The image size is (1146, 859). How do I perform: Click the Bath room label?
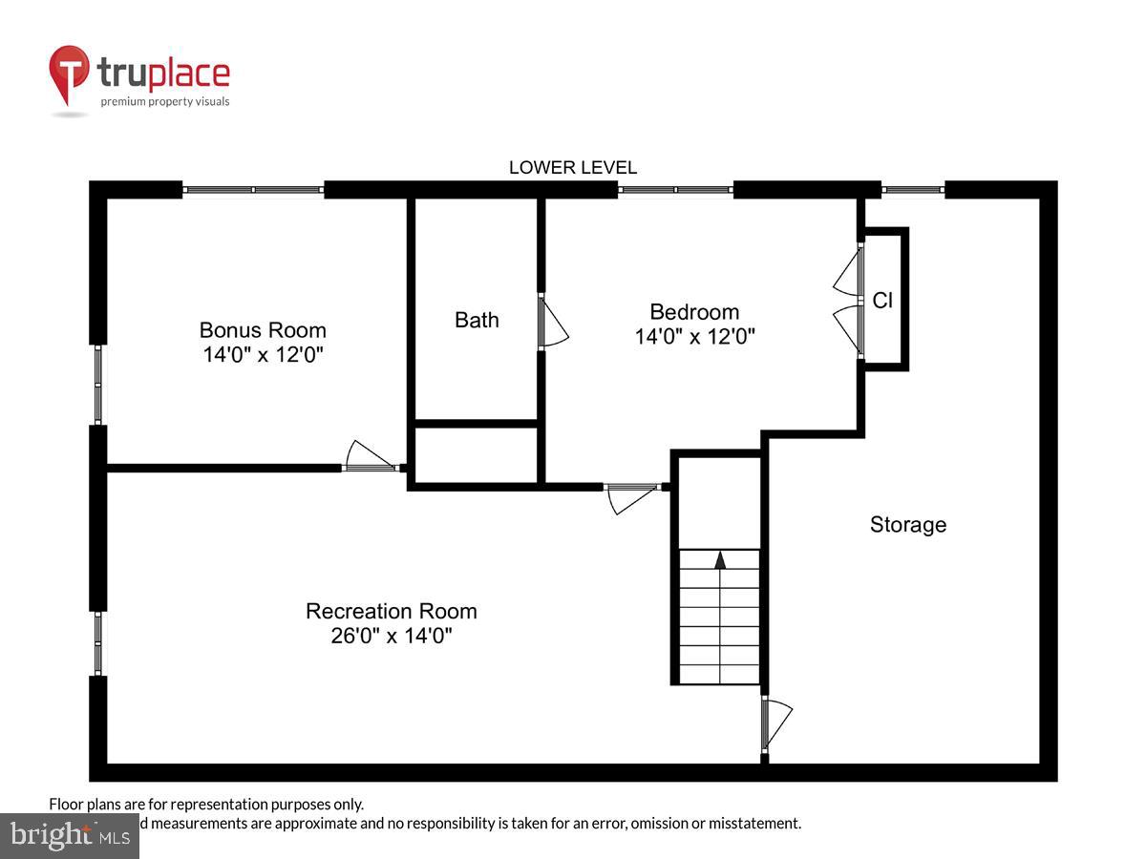(x=477, y=320)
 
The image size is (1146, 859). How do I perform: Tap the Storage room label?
(x=907, y=524)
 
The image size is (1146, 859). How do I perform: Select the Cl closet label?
(x=882, y=301)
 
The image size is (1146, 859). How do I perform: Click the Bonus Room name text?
(x=263, y=330)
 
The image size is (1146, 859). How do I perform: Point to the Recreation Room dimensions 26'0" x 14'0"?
(x=391, y=636)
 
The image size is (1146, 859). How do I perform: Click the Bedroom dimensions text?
(x=694, y=336)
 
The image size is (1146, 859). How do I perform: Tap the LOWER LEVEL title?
(x=572, y=167)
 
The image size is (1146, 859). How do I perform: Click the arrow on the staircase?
(x=720, y=560)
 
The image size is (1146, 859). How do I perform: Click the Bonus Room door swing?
(x=371, y=456)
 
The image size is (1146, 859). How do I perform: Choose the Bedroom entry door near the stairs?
(x=632, y=497)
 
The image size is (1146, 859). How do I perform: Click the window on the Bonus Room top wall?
(x=253, y=190)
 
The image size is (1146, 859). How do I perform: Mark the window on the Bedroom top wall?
(x=675, y=190)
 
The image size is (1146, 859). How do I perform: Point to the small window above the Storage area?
(x=912, y=190)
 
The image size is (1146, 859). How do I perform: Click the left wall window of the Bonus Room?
(x=98, y=384)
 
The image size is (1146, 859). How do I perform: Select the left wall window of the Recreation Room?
(x=98, y=643)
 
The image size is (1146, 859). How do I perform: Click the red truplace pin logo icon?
(x=70, y=74)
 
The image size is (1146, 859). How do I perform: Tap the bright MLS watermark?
(x=69, y=836)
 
